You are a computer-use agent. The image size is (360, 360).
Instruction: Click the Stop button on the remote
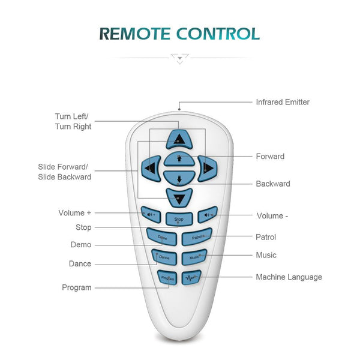[x=179, y=219]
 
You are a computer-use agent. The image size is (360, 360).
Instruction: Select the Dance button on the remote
[x=164, y=257]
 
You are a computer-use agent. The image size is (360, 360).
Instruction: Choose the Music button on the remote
[x=194, y=257]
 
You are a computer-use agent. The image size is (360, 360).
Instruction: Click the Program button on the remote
[x=167, y=278]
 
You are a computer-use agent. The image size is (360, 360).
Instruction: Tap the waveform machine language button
[x=191, y=278]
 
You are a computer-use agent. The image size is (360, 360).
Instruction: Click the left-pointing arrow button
[x=151, y=168]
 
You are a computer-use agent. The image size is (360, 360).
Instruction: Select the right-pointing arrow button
[x=206, y=168]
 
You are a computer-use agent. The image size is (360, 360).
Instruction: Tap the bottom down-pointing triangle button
[x=179, y=197]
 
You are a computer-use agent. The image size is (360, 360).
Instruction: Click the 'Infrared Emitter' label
[x=283, y=102]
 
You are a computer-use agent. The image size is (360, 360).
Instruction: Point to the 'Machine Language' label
[x=289, y=277]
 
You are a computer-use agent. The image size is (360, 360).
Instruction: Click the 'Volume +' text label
[x=76, y=213]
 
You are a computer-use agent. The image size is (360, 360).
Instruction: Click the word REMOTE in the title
[x=136, y=34]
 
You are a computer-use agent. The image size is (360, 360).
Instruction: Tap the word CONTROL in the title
[x=218, y=34]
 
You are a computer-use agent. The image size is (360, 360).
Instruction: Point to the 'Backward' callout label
[x=273, y=184]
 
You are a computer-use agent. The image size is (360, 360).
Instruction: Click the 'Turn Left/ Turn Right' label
[x=73, y=121]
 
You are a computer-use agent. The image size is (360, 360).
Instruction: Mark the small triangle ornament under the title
[x=179, y=59]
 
